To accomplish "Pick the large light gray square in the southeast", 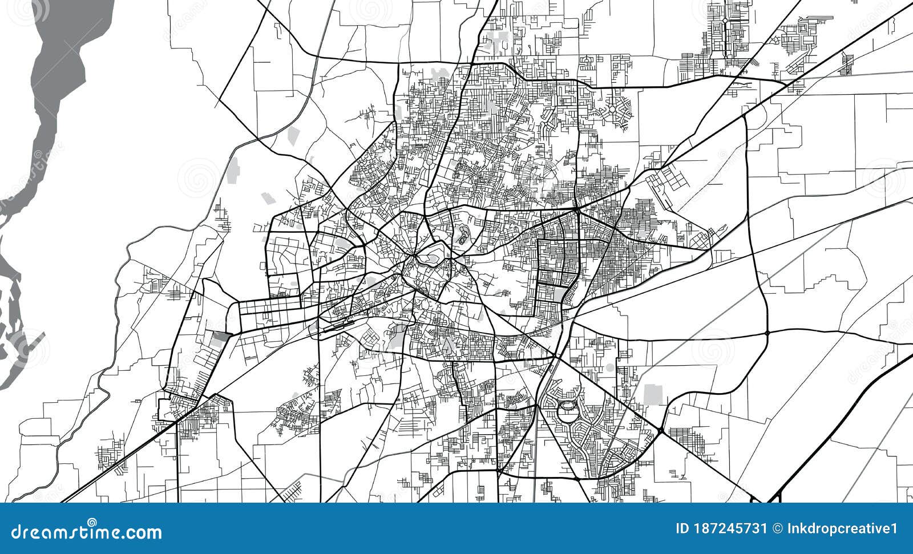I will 653,394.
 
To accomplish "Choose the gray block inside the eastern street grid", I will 560,294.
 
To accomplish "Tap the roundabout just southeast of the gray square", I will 661,430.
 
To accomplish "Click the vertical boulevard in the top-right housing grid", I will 725,34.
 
